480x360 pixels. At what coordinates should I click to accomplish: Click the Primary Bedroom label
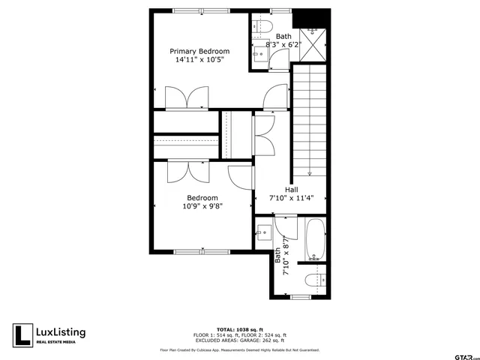(199, 51)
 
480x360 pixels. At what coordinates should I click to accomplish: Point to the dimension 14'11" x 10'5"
(199, 59)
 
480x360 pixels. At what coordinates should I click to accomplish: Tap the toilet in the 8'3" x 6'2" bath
(261, 27)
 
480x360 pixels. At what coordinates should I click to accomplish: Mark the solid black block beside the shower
(310, 17)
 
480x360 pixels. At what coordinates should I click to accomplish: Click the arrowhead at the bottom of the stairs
(309, 172)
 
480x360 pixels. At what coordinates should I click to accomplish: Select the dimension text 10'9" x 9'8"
(202, 206)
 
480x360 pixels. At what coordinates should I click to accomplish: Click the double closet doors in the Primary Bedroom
(187, 98)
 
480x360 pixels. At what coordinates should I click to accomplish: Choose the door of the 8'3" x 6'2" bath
(275, 97)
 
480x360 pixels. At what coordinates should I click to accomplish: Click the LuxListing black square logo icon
(23, 334)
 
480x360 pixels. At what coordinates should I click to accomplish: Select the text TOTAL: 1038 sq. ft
(240, 328)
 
